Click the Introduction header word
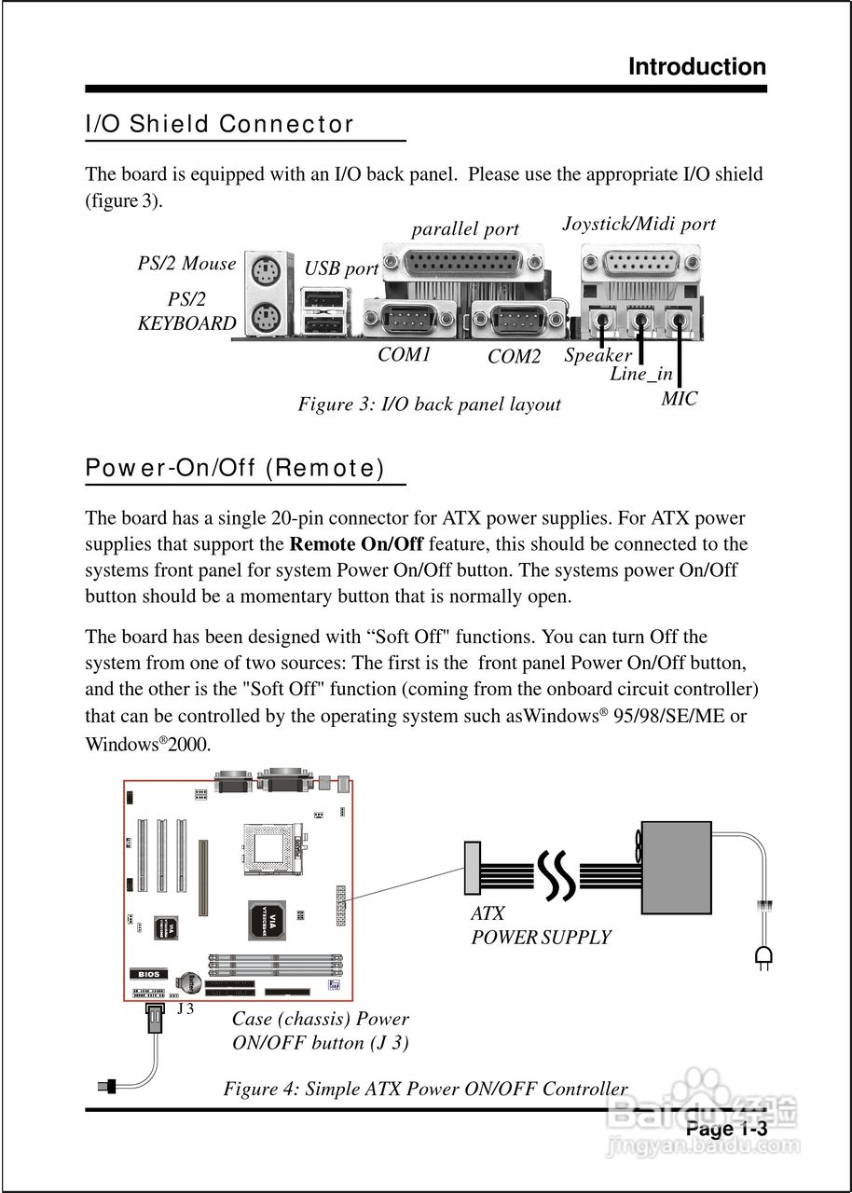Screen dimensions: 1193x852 pyautogui.click(x=697, y=67)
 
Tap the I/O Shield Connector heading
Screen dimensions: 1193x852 pyautogui.click(x=220, y=124)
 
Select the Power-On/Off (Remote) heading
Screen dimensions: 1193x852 pyautogui.click(x=235, y=468)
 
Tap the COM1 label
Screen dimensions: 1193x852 pyautogui.click(x=405, y=354)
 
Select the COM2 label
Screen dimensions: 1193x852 pyautogui.click(x=514, y=356)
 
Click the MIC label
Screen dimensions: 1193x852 pyautogui.click(x=679, y=399)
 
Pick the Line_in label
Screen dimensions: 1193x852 pyautogui.click(x=641, y=374)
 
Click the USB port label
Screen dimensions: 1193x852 pyautogui.click(x=341, y=269)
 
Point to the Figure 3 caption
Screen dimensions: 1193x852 pyautogui.click(x=429, y=404)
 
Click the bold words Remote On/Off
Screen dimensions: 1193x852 pyautogui.click(x=356, y=544)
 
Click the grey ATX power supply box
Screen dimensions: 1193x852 pyautogui.click(x=675, y=867)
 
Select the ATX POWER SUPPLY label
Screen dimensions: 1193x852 pyautogui.click(x=541, y=926)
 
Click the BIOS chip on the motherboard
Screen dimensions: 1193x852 pyautogui.click(x=148, y=974)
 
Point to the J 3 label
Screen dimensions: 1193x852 pyautogui.click(x=185, y=1008)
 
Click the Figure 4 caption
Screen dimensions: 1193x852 pyautogui.click(x=425, y=1089)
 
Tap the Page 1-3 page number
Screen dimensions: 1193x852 pyautogui.click(x=726, y=1129)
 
